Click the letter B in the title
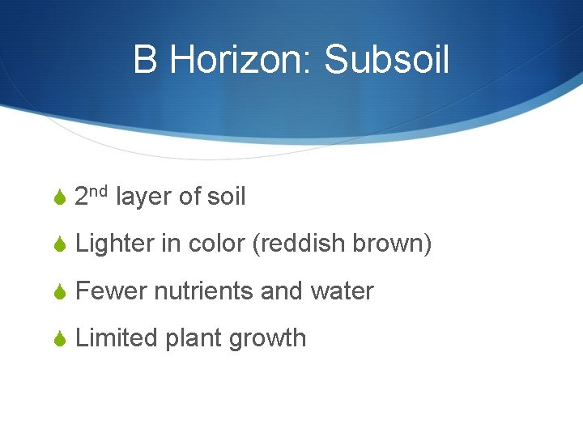[146, 60]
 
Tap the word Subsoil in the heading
[386, 60]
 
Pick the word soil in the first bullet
[227, 197]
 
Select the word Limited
[116, 337]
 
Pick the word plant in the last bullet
[193, 337]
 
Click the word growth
[267, 337]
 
